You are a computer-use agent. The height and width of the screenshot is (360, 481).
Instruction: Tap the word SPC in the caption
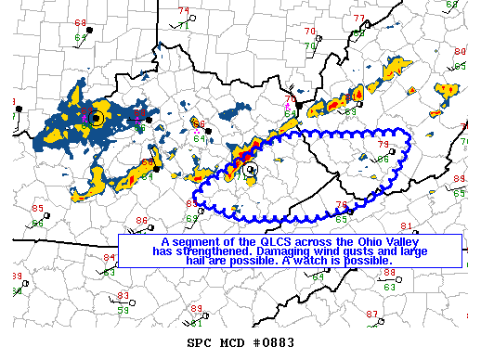201,343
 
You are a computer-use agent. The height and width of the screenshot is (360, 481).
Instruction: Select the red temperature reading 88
389,272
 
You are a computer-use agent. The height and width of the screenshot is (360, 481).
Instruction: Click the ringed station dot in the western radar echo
96,118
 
